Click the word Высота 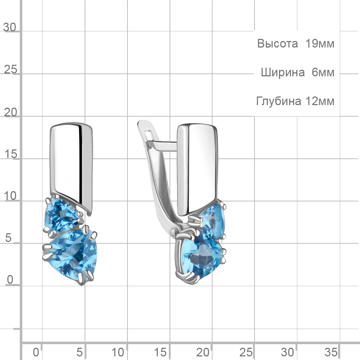coord(277,44)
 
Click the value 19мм coord(320,44)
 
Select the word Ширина coord(283,73)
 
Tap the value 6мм coord(323,73)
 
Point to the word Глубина coord(279,101)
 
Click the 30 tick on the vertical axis coord(10,27)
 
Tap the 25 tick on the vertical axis coord(10,69)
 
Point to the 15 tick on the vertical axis coord(10,154)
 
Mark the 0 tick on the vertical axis coord(10,280)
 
